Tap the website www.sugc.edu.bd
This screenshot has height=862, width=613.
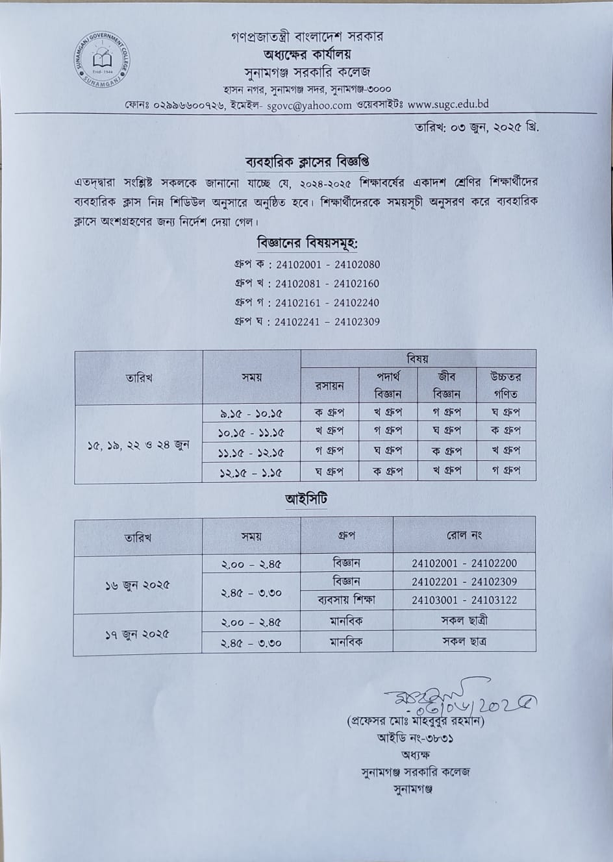point(448,104)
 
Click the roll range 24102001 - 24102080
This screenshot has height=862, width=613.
point(328,265)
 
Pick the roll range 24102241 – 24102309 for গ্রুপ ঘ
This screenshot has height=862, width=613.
point(327,321)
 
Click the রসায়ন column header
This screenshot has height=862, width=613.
point(330,386)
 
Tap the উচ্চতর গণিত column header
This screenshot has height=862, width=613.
point(506,385)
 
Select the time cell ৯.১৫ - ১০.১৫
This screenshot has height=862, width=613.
point(251,413)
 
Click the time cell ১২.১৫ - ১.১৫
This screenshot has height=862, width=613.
point(251,472)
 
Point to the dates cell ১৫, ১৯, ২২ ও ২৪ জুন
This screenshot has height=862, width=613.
point(138,445)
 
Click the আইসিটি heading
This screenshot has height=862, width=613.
point(305,500)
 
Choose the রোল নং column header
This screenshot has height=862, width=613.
point(464,536)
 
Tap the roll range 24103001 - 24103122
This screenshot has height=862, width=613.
point(464,600)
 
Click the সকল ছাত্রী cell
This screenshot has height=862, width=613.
point(464,621)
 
